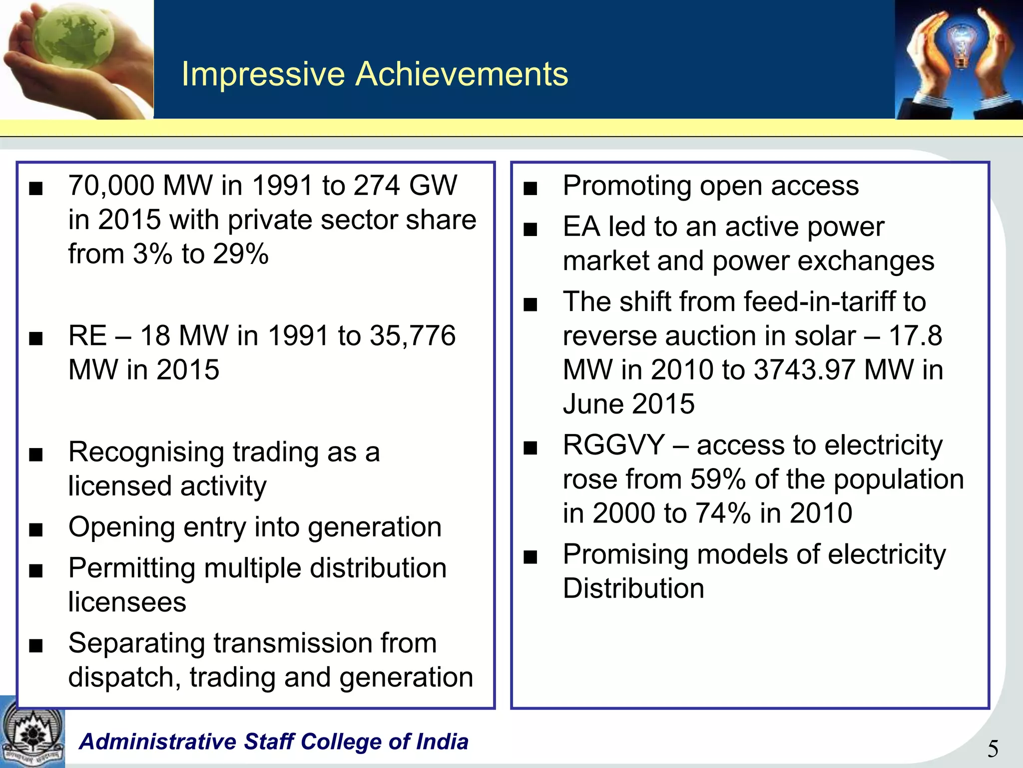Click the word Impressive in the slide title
coord(263,74)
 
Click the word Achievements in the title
coord(462,74)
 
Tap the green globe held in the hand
coord(77,37)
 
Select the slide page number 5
coord(993,749)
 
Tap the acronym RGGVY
coord(613,445)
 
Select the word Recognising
coord(146,452)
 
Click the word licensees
coord(127,602)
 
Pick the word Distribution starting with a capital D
coord(633,588)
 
